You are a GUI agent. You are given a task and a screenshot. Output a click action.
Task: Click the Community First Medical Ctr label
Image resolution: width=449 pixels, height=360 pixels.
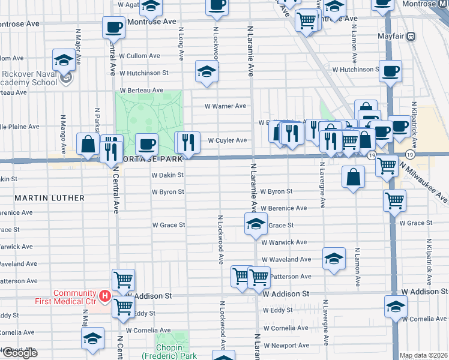click(x=74, y=296)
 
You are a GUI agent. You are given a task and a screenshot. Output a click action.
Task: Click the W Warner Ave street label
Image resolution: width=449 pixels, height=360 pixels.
click(x=226, y=106)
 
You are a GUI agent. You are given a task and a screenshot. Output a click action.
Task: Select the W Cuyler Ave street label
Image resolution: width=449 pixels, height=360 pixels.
click(x=228, y=140)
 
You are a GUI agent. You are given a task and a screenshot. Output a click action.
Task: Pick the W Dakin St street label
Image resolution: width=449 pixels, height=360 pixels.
click(x=167, y=175)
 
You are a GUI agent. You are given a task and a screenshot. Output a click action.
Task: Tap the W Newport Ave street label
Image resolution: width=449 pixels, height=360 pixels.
click(x=286, y=346)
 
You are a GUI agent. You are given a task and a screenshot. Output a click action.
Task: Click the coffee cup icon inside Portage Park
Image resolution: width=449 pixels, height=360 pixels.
click(x=146, y=144)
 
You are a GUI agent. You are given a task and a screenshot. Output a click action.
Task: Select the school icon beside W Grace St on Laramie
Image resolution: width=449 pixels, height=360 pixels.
click(x=256, y=224)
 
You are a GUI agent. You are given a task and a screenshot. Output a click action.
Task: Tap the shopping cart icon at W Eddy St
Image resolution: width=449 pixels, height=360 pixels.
click(x=123, y=307)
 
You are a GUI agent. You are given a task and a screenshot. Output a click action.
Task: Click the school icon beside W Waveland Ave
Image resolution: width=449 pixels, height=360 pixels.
click(x=334, y=259)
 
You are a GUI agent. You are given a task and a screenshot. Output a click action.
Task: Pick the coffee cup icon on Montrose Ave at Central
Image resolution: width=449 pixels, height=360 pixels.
click(x=113, y=27)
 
